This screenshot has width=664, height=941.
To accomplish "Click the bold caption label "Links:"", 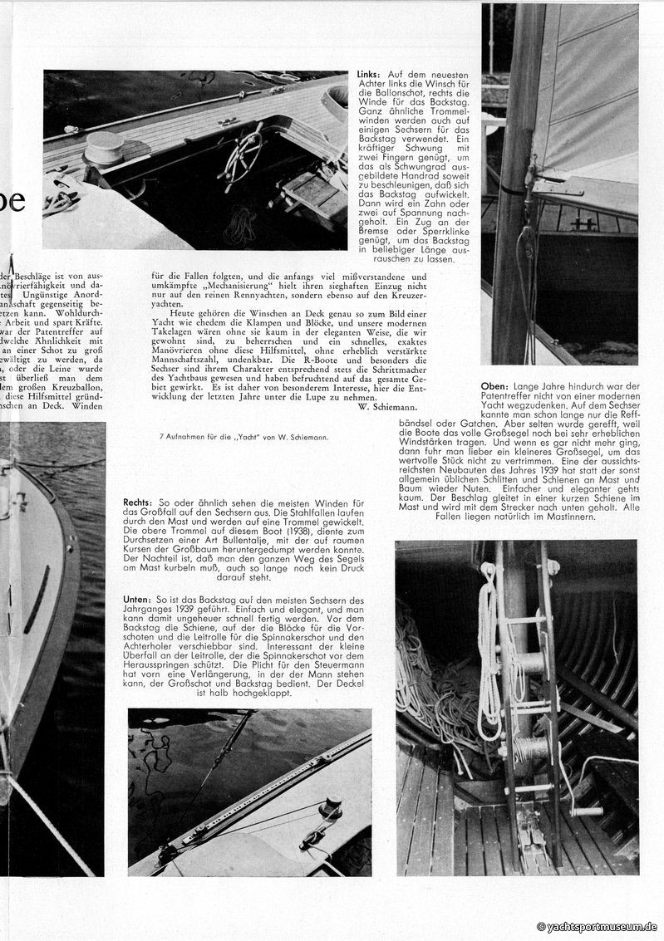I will [x=369, y=75].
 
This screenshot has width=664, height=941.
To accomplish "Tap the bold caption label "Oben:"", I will [x=497, y=386].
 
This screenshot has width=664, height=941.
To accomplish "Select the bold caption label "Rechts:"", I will [x=138, y=503].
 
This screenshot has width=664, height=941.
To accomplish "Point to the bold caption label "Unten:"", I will [x=138, y=599].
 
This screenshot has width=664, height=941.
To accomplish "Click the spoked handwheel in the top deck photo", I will [x=241, y=154].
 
